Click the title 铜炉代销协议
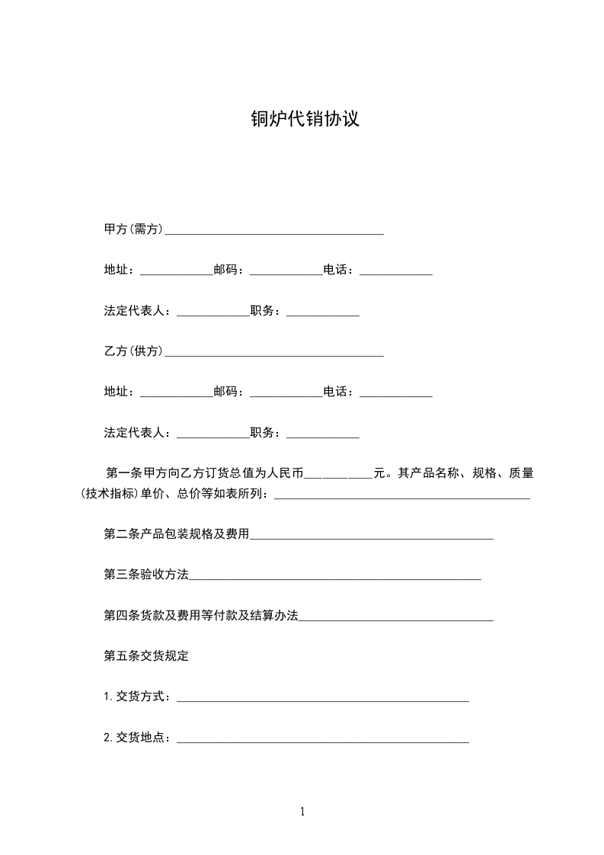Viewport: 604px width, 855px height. pos(305,119)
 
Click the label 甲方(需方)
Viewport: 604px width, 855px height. pos(134,229)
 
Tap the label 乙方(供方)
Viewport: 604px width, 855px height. pos(134,351)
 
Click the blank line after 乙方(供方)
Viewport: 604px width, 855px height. pos(274,353)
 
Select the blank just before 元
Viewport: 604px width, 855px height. pos(338,476)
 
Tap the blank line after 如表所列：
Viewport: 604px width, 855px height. pos(401,496)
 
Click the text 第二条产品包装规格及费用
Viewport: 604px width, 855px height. pos(177,534)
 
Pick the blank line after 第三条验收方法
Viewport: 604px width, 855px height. pos(335,577)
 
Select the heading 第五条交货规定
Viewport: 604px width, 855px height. pos(146,656)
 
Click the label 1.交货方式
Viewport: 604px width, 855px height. pos(137,696)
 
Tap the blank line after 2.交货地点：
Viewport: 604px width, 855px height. pos(323,739)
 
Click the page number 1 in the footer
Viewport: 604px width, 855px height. pos(302,812)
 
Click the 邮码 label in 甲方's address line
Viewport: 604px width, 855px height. pos(228,270)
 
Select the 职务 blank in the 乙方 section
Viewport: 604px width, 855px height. pos(323,434)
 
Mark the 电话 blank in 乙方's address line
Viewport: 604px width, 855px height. pos(396,394)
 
